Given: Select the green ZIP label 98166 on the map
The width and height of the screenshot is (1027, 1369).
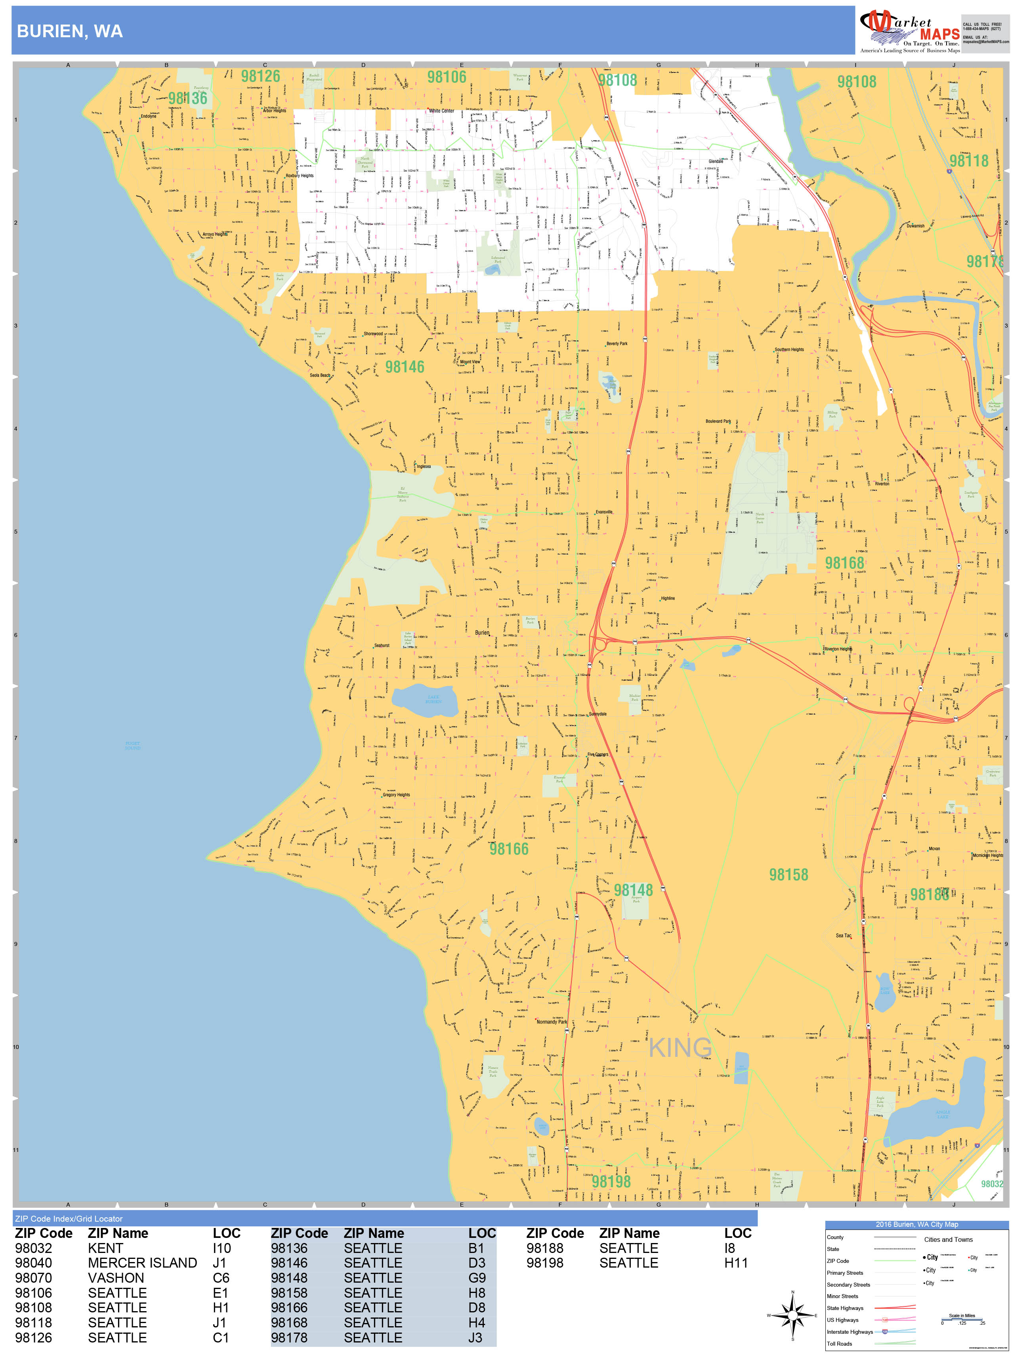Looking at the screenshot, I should pos(509,848).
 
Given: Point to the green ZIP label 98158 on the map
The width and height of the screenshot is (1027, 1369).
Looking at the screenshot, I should pos(788,875).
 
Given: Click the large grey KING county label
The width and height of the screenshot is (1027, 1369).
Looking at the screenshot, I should pos(680,1048).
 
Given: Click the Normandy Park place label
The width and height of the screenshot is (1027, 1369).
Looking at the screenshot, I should pos(552,1022).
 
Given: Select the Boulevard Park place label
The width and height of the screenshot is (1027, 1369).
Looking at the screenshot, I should pos(718,421).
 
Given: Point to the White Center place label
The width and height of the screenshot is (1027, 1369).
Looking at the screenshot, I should pos(441,111).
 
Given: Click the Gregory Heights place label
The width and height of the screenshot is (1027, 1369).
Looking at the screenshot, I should pos(396,795).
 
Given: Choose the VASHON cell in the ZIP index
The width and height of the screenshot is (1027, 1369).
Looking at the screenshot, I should pos(105,1278).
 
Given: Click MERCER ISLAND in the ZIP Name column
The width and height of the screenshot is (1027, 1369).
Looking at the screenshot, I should pos(142,1263).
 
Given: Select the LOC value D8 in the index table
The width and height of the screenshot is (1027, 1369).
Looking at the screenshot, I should pos(477,1308).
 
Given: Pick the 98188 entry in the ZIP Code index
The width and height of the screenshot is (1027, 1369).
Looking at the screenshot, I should pos(545,1248).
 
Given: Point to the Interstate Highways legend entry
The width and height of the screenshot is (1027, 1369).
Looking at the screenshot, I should pos(849,1332).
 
